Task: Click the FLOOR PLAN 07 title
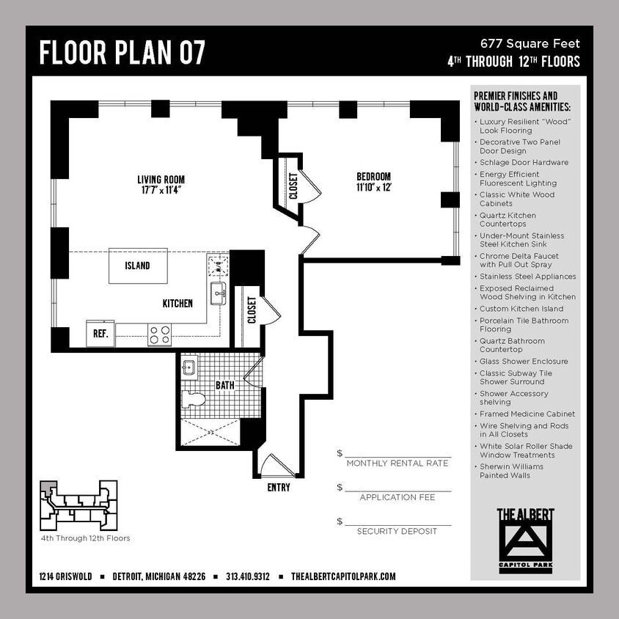(122, 53)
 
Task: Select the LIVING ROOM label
(161, 184)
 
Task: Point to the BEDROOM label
(373, 181)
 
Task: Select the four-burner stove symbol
(159, 334)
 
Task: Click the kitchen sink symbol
(218, 293)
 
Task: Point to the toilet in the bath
(194, 400)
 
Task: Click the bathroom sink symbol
(188, 367)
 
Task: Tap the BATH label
(224, 385)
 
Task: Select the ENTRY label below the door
(278, 487)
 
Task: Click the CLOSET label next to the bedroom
(293, 186)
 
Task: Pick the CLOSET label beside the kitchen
(252, 310)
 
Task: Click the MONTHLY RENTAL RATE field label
(397, 464)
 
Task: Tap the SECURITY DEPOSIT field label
(397, 531)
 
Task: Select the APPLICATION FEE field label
(397, 497)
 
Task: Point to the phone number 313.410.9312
(248, 576)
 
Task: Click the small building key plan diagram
(78, 505)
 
